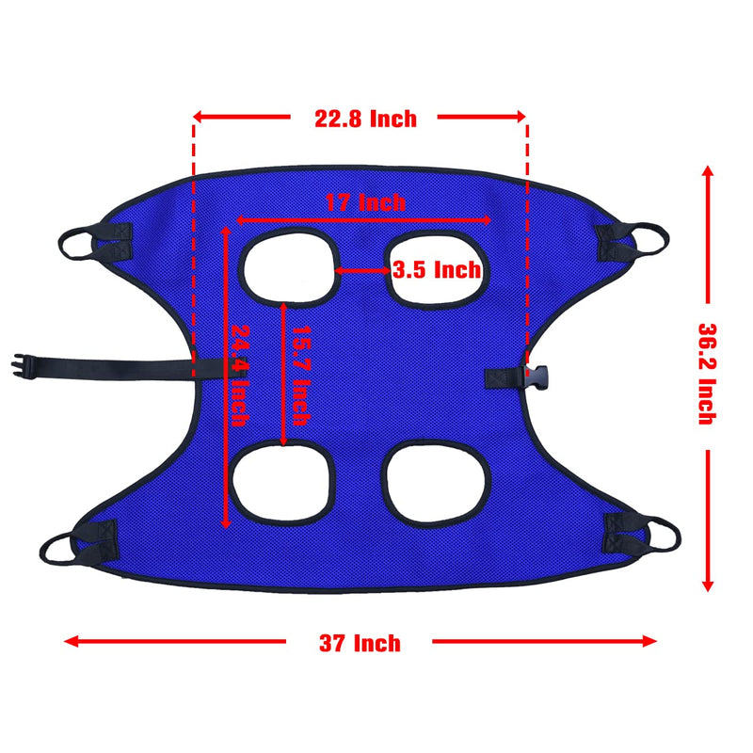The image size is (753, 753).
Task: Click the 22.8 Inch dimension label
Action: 365,119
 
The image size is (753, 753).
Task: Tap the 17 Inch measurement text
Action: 365,202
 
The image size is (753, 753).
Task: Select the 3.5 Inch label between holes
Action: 437,269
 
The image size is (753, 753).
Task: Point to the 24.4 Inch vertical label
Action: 240,376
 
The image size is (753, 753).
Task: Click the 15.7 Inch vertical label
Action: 301,376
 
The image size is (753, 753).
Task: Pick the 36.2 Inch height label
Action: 707,374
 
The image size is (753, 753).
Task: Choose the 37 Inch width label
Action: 360,643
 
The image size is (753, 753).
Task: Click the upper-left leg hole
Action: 289,267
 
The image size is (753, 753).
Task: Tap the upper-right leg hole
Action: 434,268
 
